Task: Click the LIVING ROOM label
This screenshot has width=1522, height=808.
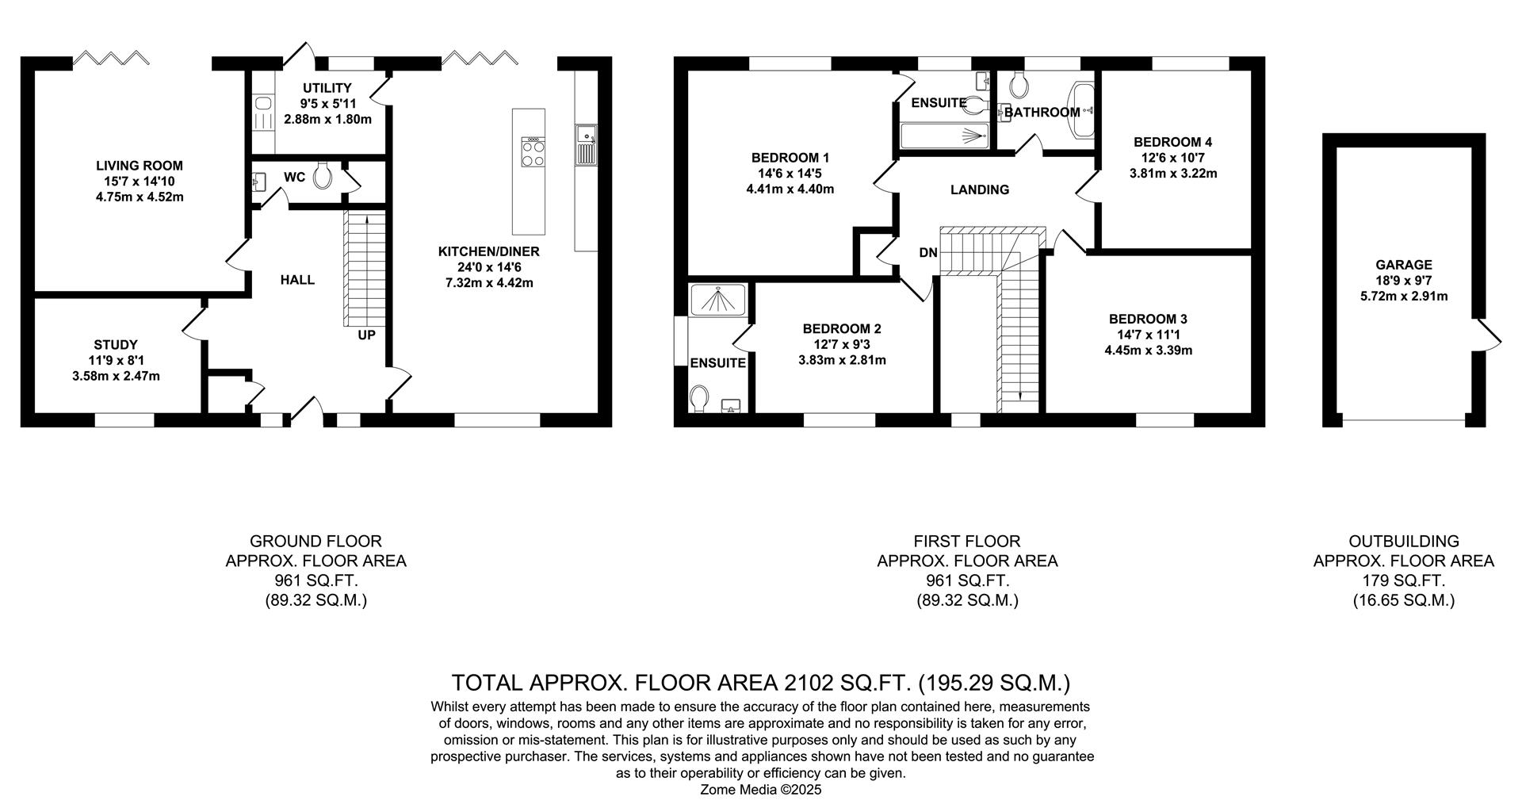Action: (140, 166)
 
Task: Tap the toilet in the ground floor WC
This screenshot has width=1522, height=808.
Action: (322, 176)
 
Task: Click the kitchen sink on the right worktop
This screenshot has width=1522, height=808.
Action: (587, 145)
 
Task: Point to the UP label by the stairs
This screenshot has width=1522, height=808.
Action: (366, 335)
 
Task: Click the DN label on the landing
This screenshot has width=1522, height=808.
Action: (928, 253)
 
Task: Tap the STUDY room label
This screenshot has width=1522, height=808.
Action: (116, 345)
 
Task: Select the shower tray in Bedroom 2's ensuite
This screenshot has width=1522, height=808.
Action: (718, 300)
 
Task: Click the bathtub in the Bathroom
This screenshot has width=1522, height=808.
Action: (1082, 111)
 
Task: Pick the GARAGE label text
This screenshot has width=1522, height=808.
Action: (1404, 266)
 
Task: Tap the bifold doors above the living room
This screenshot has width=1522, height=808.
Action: (110, 58)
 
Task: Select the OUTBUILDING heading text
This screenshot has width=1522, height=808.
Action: (1404, 542)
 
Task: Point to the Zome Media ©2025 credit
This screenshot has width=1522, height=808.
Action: (762, 790)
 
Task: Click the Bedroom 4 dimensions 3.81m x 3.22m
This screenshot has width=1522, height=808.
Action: (1173, 173)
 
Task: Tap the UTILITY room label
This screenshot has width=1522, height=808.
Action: (327, 88)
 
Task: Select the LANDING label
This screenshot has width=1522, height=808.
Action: (980, 190)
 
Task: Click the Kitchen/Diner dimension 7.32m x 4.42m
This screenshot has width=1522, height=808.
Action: (488, 282)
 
